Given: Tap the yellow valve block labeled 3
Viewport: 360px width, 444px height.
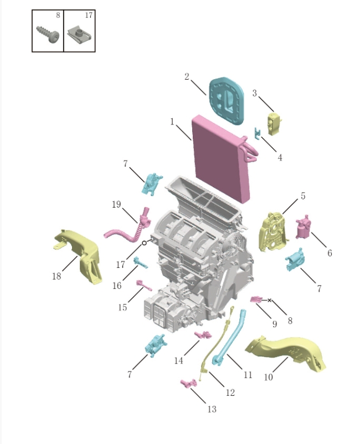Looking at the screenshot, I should pos(274,123).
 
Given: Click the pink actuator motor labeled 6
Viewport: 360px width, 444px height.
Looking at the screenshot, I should pos(304,228).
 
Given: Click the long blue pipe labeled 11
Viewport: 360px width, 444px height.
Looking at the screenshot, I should pos(229,338).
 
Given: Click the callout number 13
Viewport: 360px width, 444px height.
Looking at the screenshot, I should pos(212,409).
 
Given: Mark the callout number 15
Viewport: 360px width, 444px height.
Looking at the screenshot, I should pos(122,307).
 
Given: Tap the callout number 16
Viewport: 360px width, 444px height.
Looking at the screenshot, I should pos(117,286).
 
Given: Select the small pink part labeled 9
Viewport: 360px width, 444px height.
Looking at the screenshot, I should pos(256,300).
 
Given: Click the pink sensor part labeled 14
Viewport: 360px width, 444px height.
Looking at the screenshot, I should pos(203,335).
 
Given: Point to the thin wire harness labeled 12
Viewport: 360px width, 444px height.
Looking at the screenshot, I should pos(218,343).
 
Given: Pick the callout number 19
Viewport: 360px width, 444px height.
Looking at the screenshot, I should pos(116,204).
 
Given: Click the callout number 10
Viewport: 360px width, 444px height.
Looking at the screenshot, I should pos(268,377).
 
